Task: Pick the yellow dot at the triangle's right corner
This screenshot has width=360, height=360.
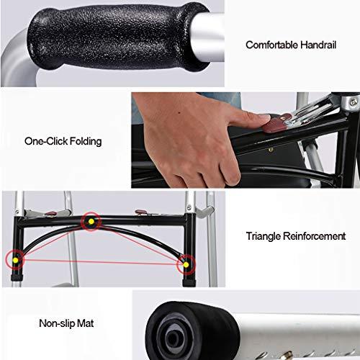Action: point(186,264)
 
